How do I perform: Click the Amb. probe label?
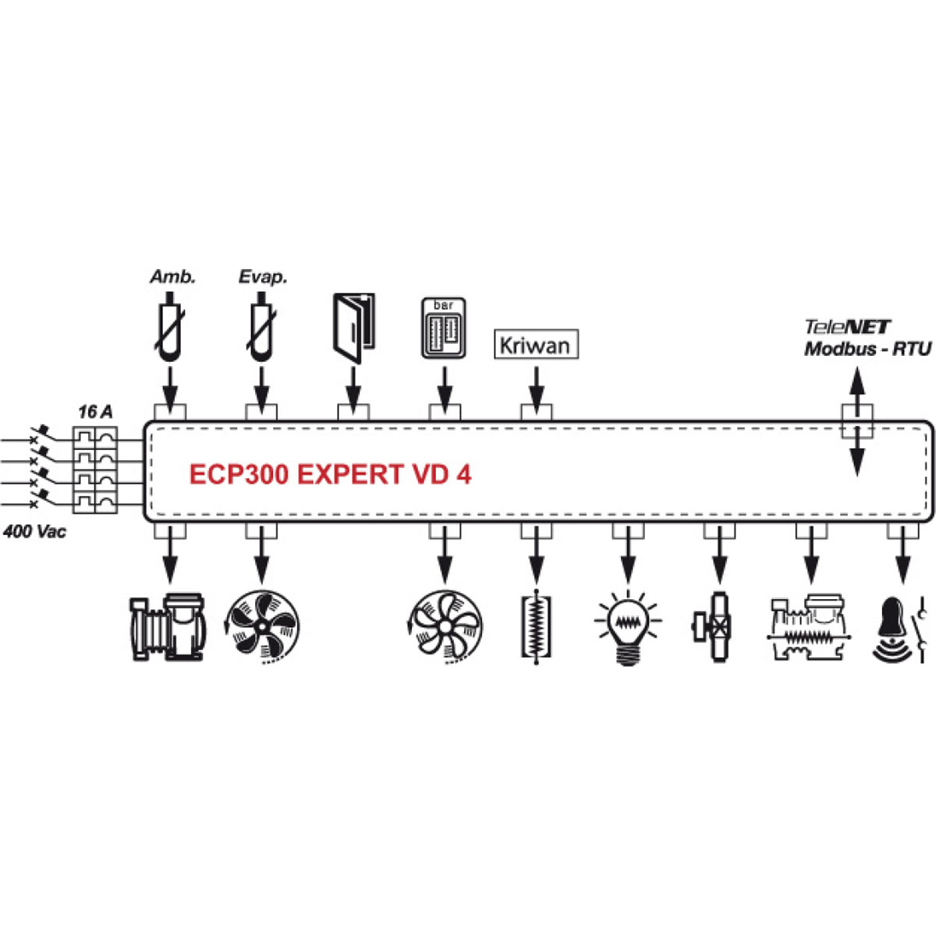[x=172, y=277]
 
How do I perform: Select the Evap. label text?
[x=263, y=277]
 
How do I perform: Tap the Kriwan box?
[x=536, y=345]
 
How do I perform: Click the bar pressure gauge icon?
[x=444, y=328]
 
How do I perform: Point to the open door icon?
[x=353, y=328]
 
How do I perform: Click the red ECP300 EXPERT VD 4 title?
[x=330, y=474]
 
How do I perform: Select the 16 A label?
[x=95, y=412]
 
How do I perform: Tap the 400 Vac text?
[x=35, y=532]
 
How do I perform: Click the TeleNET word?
[x=847, y=328]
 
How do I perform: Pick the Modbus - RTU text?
[x=867, y=349]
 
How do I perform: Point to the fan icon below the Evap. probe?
[x=262, y=627]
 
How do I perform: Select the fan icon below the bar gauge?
[x=445, y=627]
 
